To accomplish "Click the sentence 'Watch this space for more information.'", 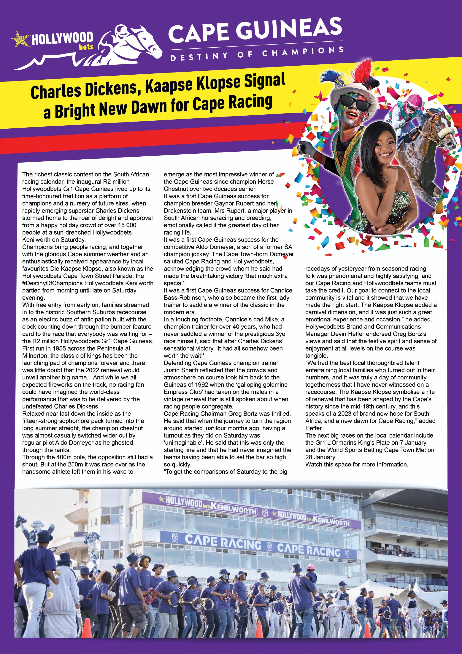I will point(357,465).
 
